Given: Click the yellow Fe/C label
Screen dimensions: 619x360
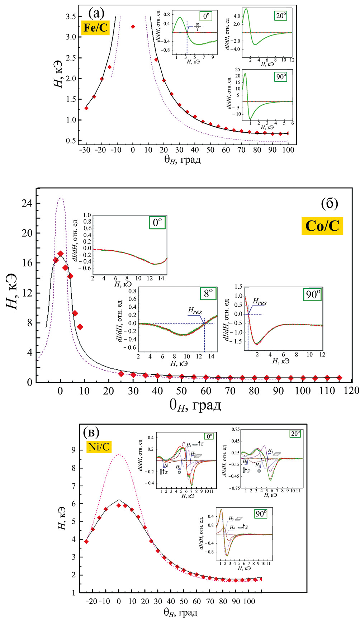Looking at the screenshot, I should tap(95, 28).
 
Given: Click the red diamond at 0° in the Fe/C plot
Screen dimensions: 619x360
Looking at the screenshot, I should tap(133, 27).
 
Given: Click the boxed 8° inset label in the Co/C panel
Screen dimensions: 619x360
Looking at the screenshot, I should tap(208, 294).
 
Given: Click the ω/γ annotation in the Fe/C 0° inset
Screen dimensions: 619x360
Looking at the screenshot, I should tap(197, 27).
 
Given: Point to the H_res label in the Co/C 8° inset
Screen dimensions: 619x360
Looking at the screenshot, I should tap(195, 311).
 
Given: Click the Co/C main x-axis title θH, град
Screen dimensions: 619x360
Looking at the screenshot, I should tap(195, 405).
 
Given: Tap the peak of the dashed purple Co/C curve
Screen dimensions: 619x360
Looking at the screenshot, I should tap(61, 198).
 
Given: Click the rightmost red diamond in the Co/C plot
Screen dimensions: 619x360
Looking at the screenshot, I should tap(339, 378).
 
